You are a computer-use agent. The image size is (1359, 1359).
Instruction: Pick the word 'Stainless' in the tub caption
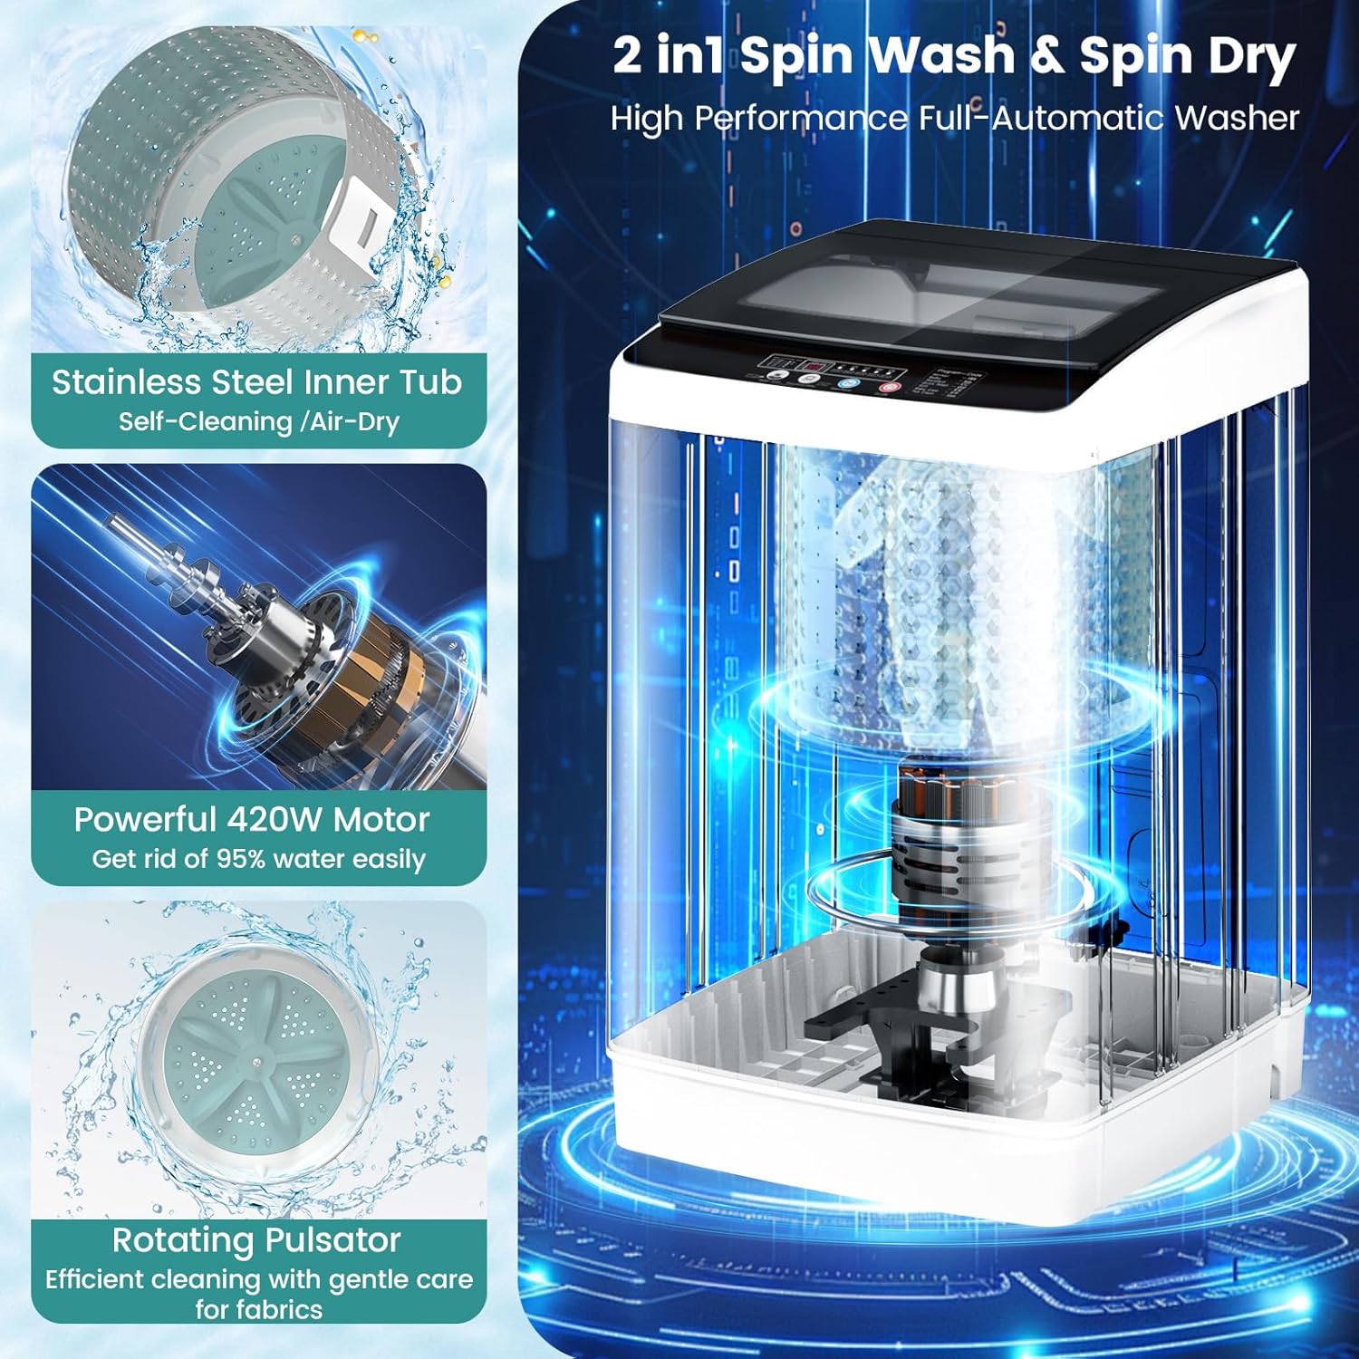click(x=125, y=382)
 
